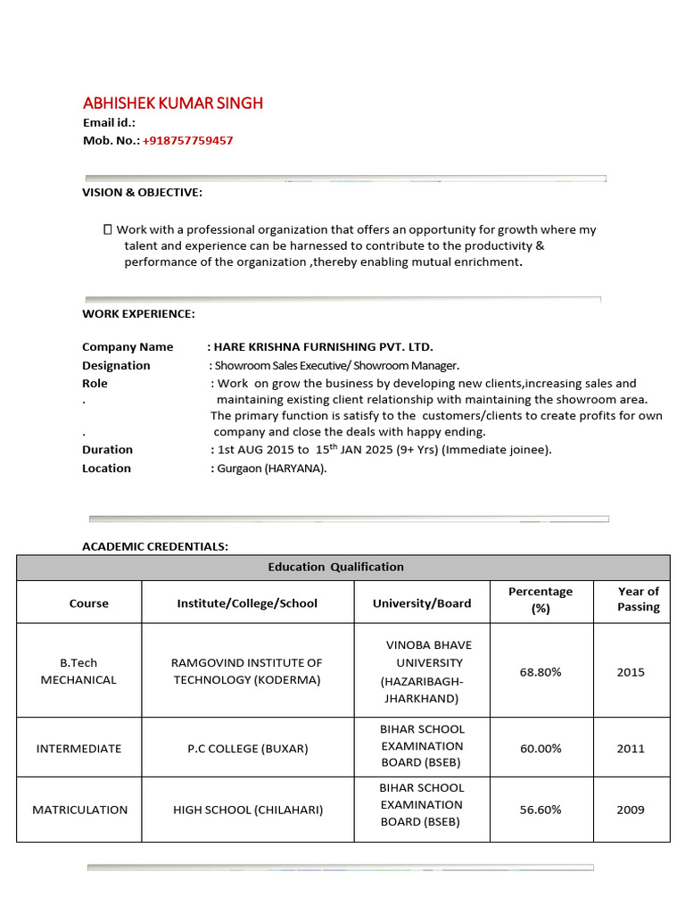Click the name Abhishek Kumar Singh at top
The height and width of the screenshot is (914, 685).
172,103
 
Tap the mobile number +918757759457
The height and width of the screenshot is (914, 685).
187,140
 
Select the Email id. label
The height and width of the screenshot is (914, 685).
109,122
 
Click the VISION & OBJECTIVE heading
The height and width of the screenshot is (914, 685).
142,192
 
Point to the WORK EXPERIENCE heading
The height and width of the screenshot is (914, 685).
138,313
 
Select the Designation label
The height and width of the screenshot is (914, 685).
116,365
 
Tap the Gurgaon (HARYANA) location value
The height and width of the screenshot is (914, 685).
270,468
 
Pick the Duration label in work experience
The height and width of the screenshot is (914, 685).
107,449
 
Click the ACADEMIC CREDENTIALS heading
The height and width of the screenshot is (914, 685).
155,545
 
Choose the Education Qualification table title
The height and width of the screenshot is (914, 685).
335,567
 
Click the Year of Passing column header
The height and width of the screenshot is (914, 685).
638,599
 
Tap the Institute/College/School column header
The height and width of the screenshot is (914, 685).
247,602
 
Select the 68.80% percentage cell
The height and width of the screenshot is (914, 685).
540,671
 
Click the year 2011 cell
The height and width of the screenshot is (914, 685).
630,748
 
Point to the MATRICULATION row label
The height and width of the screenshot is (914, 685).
79,810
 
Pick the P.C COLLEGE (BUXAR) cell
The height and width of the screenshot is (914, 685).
247,748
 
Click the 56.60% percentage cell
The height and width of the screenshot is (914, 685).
540,810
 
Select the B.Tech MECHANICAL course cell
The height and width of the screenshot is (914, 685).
78,671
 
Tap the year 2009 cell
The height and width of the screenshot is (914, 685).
630,810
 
